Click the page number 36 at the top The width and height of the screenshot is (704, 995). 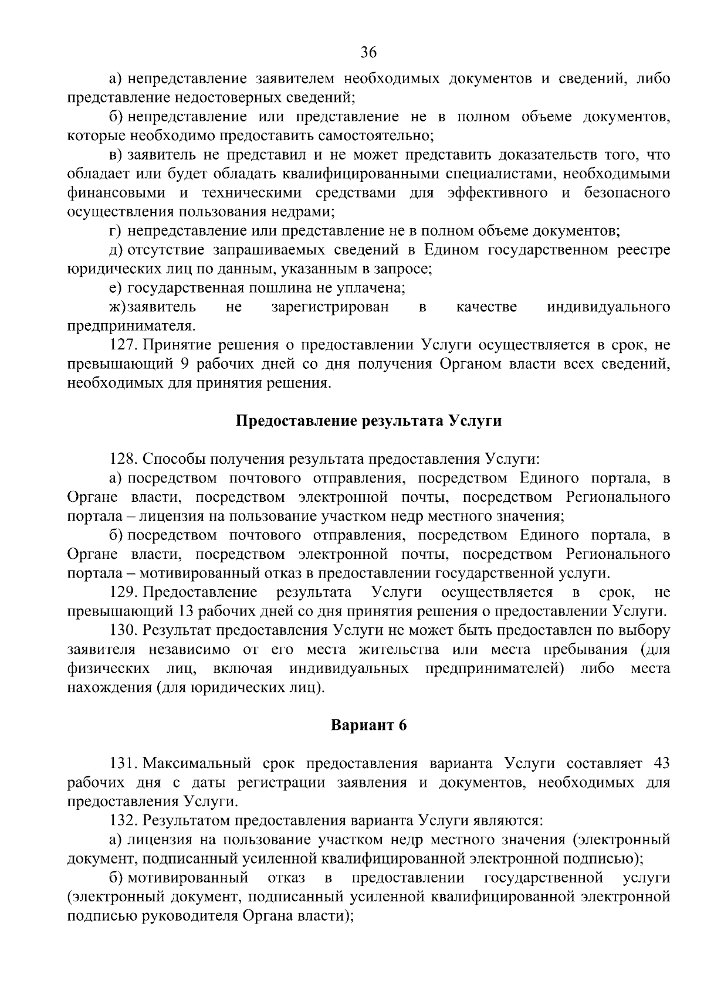[x=368, y=53]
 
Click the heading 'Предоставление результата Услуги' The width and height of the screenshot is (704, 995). [x=368, y=421]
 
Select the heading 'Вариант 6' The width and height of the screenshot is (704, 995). [x=368, y=725]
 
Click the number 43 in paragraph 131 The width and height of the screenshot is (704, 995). [x=661, y=763]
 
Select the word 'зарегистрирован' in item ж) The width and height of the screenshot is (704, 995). [x=330, y=307]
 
